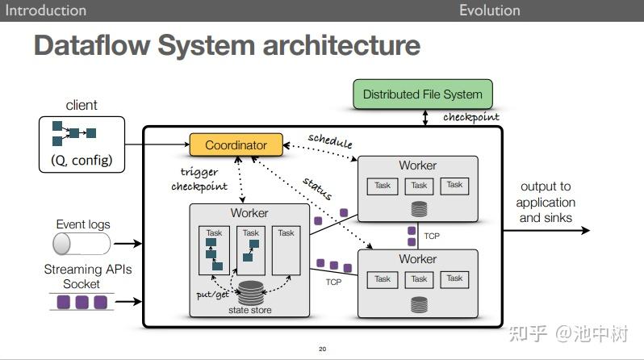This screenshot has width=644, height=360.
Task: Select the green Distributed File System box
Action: [x=422, y=94]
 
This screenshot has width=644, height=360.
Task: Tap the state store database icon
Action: [x=249, y=292]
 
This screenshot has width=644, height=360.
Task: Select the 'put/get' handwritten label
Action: [x=212, y=295]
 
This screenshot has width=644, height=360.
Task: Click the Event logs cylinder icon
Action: [x=72, y=243]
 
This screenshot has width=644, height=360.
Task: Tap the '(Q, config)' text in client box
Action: [x=82, y=160]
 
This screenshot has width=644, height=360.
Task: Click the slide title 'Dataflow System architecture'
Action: [x=227, y=45]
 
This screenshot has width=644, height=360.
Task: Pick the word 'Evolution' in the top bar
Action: [x=489, y=10]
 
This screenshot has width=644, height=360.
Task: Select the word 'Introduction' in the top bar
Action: [x=46, y=10]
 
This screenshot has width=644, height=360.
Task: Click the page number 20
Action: [x=323, y=350]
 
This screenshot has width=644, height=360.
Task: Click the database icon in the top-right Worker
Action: [x=418, y=209]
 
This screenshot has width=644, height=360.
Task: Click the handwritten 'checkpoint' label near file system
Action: [x=470, y=117]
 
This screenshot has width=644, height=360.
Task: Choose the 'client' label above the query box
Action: [x=82, y=105]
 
